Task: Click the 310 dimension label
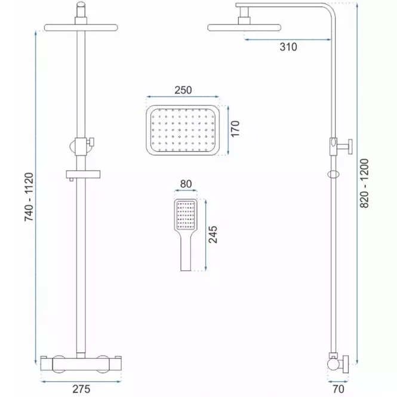point(288,47)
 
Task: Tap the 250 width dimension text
point(183,90)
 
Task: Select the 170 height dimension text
point(235,128)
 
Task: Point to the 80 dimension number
point(186,184)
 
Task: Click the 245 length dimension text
point(213,235)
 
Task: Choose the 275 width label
point(81,389)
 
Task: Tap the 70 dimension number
point(338,389)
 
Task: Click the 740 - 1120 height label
point(29,197)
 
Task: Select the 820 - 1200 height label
point(364,183)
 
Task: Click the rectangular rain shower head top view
point(183,130)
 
